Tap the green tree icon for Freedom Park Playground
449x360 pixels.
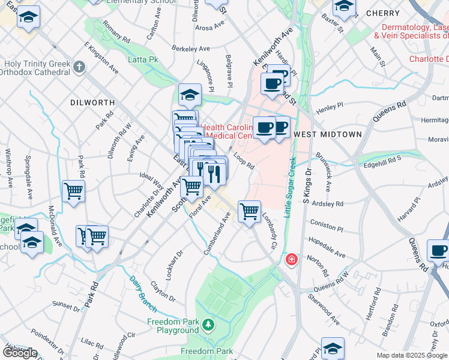coord(208,325)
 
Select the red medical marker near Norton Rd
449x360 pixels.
coord(291,259)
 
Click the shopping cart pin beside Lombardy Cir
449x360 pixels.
coord(249,211)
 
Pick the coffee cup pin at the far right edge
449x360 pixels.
coord(438,250)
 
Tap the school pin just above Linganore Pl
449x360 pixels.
coord(190,94)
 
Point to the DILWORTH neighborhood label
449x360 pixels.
coord(92,103)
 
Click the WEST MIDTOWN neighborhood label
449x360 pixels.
coord(328,134)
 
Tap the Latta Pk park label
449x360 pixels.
coord(143,60)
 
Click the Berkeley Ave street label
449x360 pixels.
coord(191,48)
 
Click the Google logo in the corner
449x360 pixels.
coord(20,353)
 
